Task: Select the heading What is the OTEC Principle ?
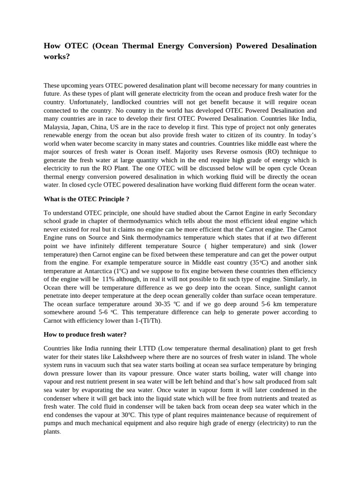pyautogui.click(x=86, y=198)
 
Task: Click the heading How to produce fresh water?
pyautogui.click(x=85, y=334)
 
